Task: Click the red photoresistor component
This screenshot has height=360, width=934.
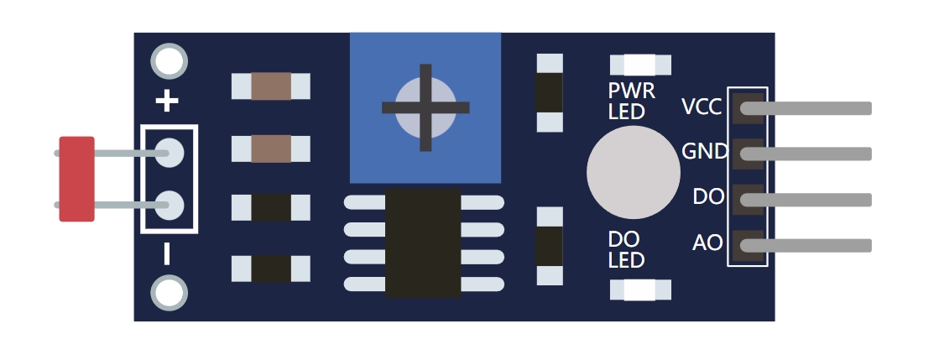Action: pos(76,179)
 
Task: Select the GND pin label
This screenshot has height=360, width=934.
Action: pos(704,152)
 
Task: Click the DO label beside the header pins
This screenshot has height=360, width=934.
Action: pos(708,198)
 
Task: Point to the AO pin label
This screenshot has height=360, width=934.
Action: pos(707,243)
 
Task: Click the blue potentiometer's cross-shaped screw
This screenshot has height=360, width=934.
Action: pos(425,107)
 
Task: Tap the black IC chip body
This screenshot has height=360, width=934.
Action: pos(423,243)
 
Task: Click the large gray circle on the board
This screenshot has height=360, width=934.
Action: pos(632,172)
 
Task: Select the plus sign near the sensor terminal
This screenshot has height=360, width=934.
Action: pos(168,102)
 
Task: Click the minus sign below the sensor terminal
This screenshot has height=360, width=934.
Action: pos(167,253)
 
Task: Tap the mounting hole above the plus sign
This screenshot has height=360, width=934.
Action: pos(169,61)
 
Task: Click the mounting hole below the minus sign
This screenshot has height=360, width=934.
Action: pos(169,294)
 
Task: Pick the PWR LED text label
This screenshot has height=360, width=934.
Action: pos(631,100)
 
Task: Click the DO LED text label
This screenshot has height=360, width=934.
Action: pos(626,250)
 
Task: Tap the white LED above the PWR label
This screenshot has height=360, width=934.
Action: pos(640,65)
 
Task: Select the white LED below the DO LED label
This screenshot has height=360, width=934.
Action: pos(640,290)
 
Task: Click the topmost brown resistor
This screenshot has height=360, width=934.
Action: pos(271,86)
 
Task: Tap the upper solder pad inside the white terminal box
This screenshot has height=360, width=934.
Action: pos(170,154)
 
